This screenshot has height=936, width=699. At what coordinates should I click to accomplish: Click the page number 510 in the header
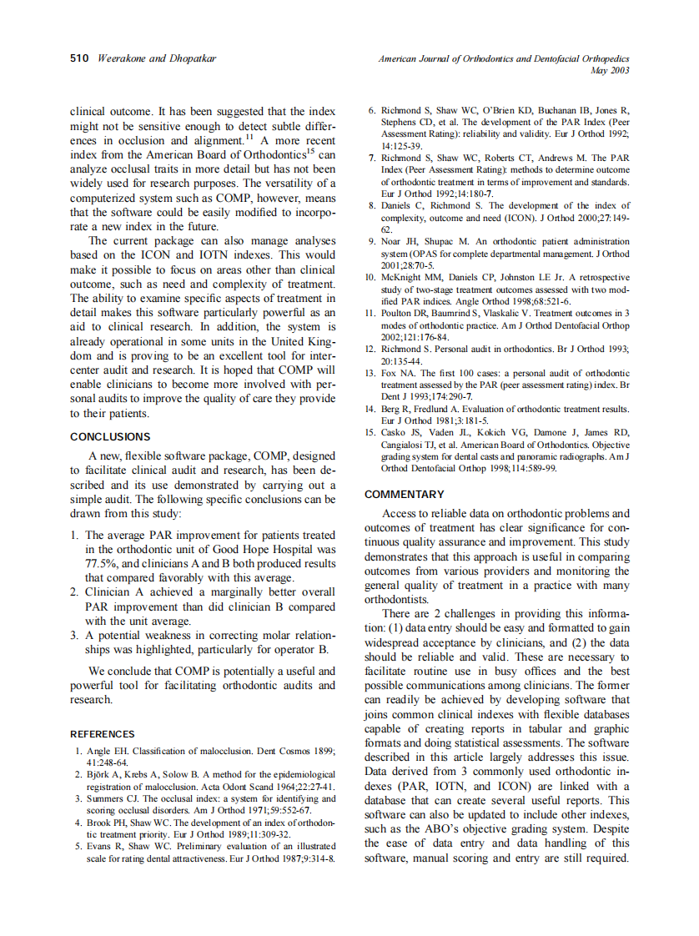click(x=79, y=58)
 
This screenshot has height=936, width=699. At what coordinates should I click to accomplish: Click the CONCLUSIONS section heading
click(x=110, y=436)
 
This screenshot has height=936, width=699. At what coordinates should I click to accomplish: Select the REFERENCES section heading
click(x=102, y=734)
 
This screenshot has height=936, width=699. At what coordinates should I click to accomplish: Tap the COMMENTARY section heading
click(x=404, y=494)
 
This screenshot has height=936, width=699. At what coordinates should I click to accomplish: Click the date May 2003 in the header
click(x=609, y=71)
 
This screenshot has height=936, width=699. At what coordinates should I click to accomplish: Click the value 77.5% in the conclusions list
click(x=103, y=563)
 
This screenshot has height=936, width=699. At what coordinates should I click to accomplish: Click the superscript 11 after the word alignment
click(x=249, y=137)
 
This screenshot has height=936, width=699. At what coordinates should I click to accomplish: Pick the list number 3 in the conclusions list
click(x=74, y=635)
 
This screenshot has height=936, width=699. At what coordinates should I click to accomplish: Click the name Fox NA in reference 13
click(x=395, y=373)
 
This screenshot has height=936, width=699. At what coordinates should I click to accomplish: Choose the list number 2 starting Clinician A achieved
click(x=74, y=592)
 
